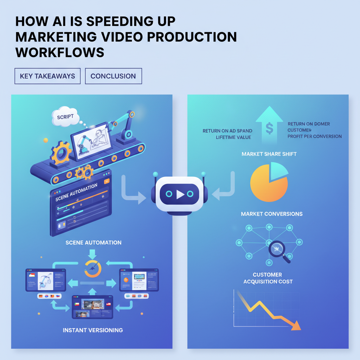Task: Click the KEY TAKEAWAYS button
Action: (47, 76)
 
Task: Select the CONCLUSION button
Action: (113, 76)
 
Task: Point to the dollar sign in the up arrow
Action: (269, 129)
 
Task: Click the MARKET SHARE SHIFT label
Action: (269, 154)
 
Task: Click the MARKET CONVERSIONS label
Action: (272, 214)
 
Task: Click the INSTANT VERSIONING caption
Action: (93, 330)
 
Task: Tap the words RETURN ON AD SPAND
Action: (227, 131)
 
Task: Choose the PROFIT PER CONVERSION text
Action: (314, 136)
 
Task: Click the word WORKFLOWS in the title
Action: (60, 52)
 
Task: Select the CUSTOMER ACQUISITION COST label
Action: (268, 278)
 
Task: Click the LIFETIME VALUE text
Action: (233, 137)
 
